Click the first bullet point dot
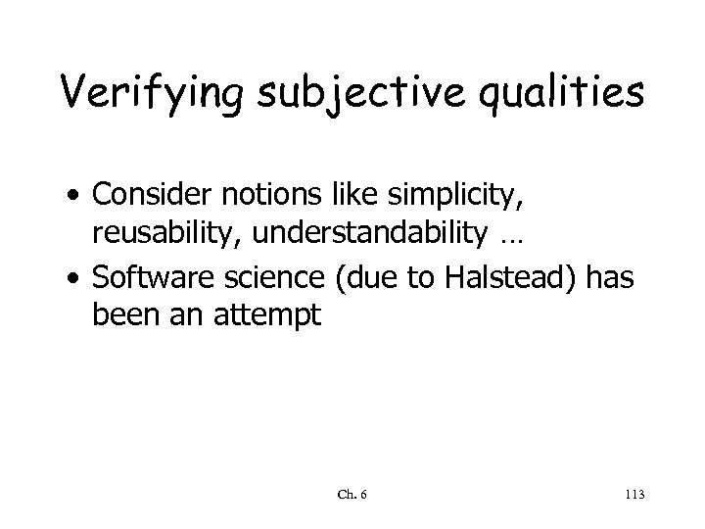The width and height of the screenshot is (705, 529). click(77, 200)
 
